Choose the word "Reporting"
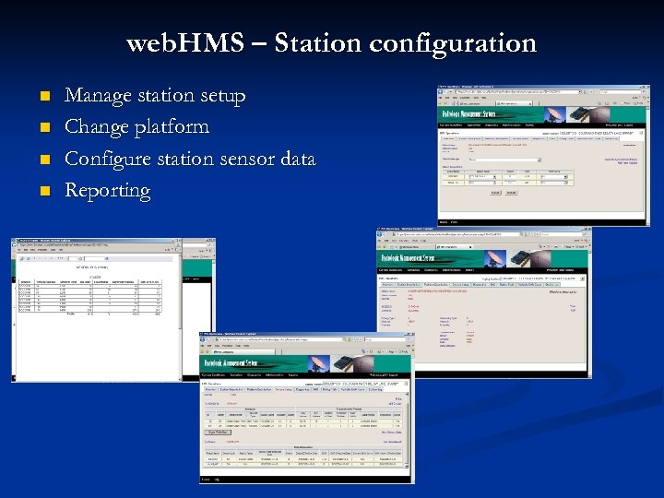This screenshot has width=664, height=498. click(107, 191)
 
